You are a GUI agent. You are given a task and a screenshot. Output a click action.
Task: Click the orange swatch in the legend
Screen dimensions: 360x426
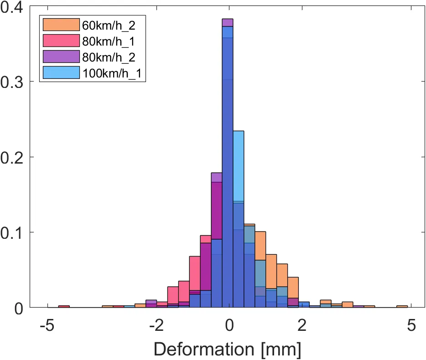coord(61,24)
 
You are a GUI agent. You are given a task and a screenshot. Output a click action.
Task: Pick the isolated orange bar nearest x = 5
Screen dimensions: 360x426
coord(402,307)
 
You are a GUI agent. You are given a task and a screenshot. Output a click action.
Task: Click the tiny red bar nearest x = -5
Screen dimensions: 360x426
coord(64,307)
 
